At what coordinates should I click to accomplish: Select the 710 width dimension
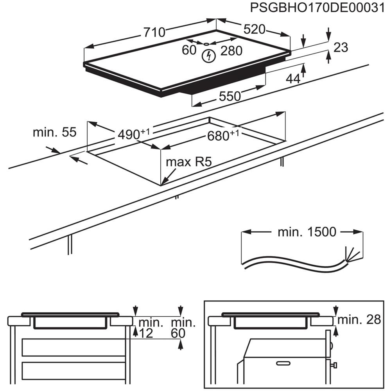[x=154, y=32]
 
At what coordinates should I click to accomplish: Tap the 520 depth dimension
[x=255, y=29]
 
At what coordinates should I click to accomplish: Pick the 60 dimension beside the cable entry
[x=189, y=50]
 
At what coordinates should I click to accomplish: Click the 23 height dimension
[x=341, y=47]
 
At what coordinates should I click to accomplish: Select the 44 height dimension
[x=293, y=78]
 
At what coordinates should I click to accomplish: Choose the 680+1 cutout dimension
[x=223, y=135]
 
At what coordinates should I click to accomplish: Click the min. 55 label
[x=54, y=132]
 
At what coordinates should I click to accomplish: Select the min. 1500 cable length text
[x=307, y=232]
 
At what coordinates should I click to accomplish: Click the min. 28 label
[x=359, y=320]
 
